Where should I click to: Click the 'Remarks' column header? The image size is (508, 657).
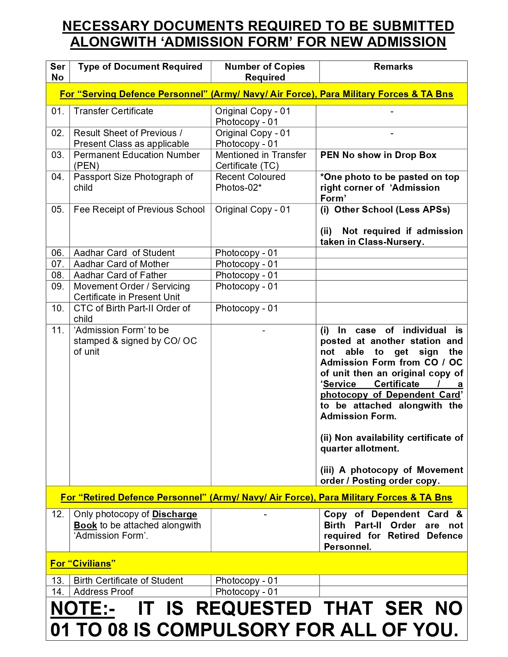tap(393, 67)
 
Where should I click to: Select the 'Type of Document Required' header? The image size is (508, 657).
tap(140, 67)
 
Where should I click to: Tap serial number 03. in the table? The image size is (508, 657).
tap(58, 155)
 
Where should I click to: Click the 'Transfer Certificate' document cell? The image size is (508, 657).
tap(113, 111)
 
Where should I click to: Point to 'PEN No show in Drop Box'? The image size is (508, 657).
tap(378, 155)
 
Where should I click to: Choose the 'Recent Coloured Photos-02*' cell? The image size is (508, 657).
tap(250, 182)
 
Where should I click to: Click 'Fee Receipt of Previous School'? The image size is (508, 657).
tap(139, 210)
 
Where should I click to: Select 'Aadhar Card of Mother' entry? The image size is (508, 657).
tap(121, 264)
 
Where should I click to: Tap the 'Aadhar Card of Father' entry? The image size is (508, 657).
tap(120, 276)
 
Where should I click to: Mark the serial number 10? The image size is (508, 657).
tap(58, 309)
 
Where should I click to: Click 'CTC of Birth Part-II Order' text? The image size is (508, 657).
tap(132, 309)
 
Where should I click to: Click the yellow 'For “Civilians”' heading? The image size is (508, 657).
tap(82, 564)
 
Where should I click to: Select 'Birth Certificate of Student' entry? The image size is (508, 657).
tap(128, 581)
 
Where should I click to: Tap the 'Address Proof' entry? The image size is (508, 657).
tap(103, 592)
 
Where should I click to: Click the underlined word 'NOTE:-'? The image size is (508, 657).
tap(82, 609)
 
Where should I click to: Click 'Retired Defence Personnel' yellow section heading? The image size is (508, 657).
tap(256, 498)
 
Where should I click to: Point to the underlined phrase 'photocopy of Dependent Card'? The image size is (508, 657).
tap(390, 395)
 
